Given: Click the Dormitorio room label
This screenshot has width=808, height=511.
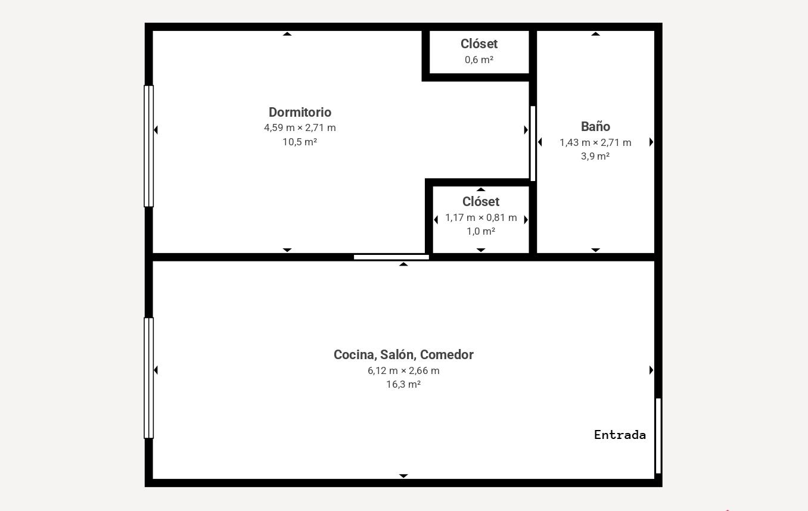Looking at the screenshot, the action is coord(300,112).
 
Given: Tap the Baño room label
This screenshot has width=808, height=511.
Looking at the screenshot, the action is coord(595,126).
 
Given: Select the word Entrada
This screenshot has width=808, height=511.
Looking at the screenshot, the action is coord(620,435).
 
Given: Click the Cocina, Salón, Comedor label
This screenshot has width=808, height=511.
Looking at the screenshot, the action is coord(403,355).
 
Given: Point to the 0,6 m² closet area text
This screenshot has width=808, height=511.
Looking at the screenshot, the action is coord(478,60).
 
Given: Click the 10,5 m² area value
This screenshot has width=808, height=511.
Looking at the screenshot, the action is coord(299,142).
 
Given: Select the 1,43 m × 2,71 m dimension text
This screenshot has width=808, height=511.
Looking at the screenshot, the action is coord(595,142).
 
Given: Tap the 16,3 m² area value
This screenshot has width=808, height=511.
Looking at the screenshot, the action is coord(403,384).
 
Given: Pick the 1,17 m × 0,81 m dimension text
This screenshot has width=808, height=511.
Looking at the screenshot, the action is coord(481,217).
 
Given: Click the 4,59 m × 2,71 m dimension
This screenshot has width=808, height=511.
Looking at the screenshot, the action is coord(300,127).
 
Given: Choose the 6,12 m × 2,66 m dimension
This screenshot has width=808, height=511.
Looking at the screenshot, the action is coord(403,370).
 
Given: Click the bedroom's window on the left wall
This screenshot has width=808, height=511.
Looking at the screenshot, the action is coord(148,146).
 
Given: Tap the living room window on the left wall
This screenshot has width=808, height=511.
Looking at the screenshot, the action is coord(148,378).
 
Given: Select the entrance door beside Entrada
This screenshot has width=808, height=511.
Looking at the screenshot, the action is coord(658,435).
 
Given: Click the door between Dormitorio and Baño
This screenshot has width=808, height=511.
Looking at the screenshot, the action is coord(533,144).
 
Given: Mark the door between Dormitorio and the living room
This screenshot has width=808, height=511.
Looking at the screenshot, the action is coord(391,257).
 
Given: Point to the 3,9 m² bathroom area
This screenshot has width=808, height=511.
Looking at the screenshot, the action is coord(595,156).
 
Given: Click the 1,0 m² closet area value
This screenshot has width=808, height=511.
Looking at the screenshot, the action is coord(481,231).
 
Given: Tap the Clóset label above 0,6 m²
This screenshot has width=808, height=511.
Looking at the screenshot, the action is coord(479,43).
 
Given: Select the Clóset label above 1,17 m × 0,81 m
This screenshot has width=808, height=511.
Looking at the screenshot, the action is coord(481,201).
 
